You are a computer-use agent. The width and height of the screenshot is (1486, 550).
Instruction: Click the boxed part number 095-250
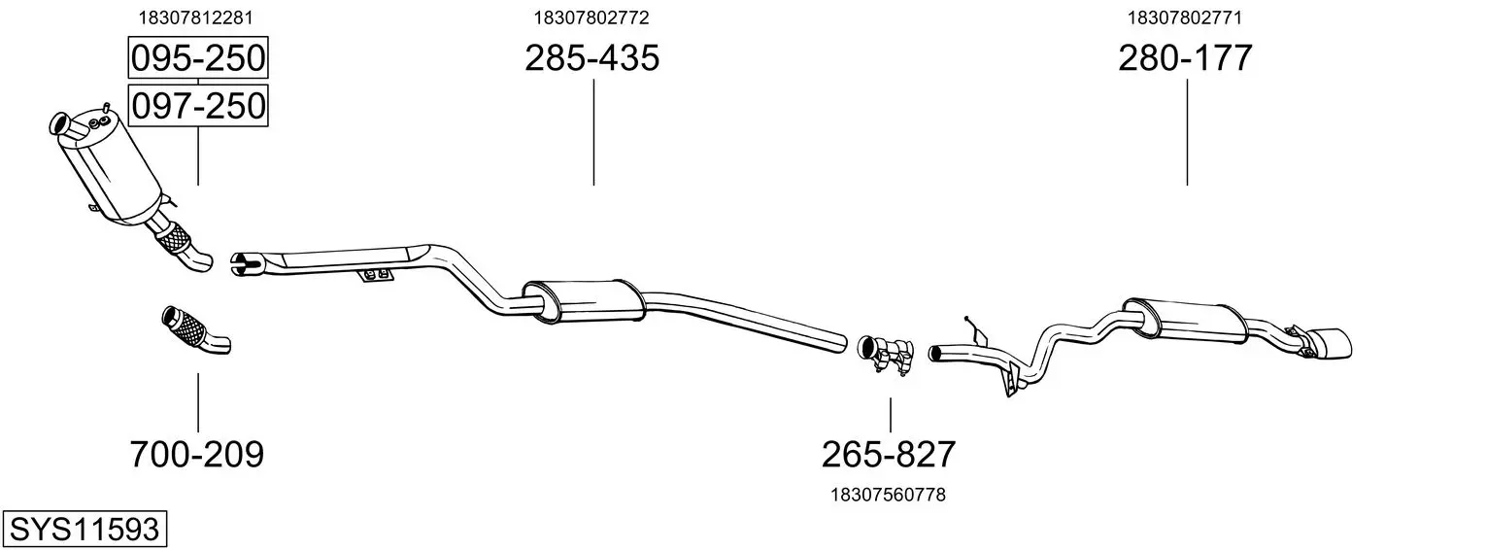click(x=198, y=57)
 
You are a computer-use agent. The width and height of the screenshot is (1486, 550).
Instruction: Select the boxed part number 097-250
click(x=198, y=106)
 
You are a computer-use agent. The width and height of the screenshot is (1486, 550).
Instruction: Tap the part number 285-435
click(x=591, y=57)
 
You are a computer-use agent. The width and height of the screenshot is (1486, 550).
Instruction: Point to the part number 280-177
click(x=1185, y=57)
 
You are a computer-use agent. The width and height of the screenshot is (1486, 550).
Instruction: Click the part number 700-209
click(x=197, y=455)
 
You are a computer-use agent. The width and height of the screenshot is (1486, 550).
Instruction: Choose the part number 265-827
click(x=889, y=455)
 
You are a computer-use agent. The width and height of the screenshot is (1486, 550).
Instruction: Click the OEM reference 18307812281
click(x=195, y=17)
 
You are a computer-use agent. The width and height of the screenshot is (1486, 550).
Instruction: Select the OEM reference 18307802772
click(x=591, y=17)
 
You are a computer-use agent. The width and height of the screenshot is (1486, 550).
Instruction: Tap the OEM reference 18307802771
click(x=1185, y=17)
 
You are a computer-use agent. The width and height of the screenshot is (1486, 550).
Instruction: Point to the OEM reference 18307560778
click(x=889, y=495)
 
